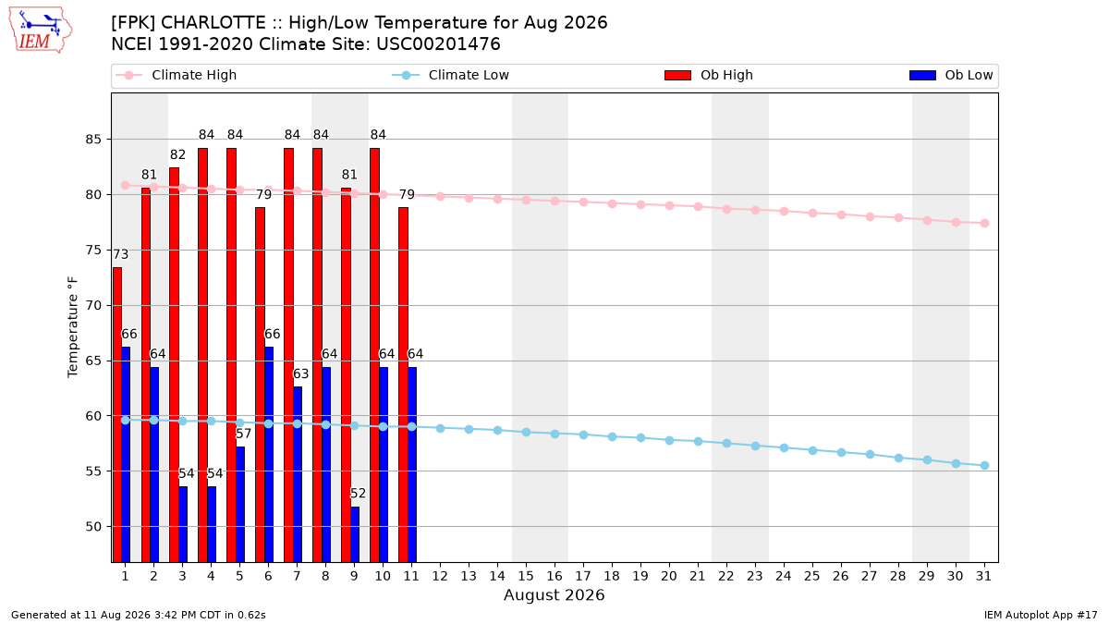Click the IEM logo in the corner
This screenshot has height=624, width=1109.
click(40, 31)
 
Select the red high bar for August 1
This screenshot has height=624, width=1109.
click(116, 414)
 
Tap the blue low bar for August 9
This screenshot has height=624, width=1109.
click(355, 534)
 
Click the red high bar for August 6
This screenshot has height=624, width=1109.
click(260, 385)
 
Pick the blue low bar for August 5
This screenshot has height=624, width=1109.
click(240, 505)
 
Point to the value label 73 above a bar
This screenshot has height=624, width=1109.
click(121, 254)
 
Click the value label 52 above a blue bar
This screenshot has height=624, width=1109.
click(358, 494)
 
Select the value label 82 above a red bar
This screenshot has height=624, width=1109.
click(177, 155)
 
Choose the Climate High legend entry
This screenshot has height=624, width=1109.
click(176, 75)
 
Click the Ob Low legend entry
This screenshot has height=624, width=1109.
click(951, 75)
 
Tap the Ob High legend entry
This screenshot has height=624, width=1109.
click(709, 75)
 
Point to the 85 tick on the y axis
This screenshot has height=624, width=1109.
click(93, 140)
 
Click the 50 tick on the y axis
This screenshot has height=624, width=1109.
click(93, 526)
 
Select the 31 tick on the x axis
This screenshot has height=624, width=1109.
click(983, 576)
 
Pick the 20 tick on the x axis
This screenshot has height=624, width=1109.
click(669, 576)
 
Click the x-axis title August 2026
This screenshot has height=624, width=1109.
click(554, 594)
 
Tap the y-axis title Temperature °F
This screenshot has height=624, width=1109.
click(73, 327)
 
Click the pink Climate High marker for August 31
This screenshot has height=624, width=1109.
click(984, 224)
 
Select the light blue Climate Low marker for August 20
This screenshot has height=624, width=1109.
click(669, 440)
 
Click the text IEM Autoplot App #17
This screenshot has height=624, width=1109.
click(1041, 615)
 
